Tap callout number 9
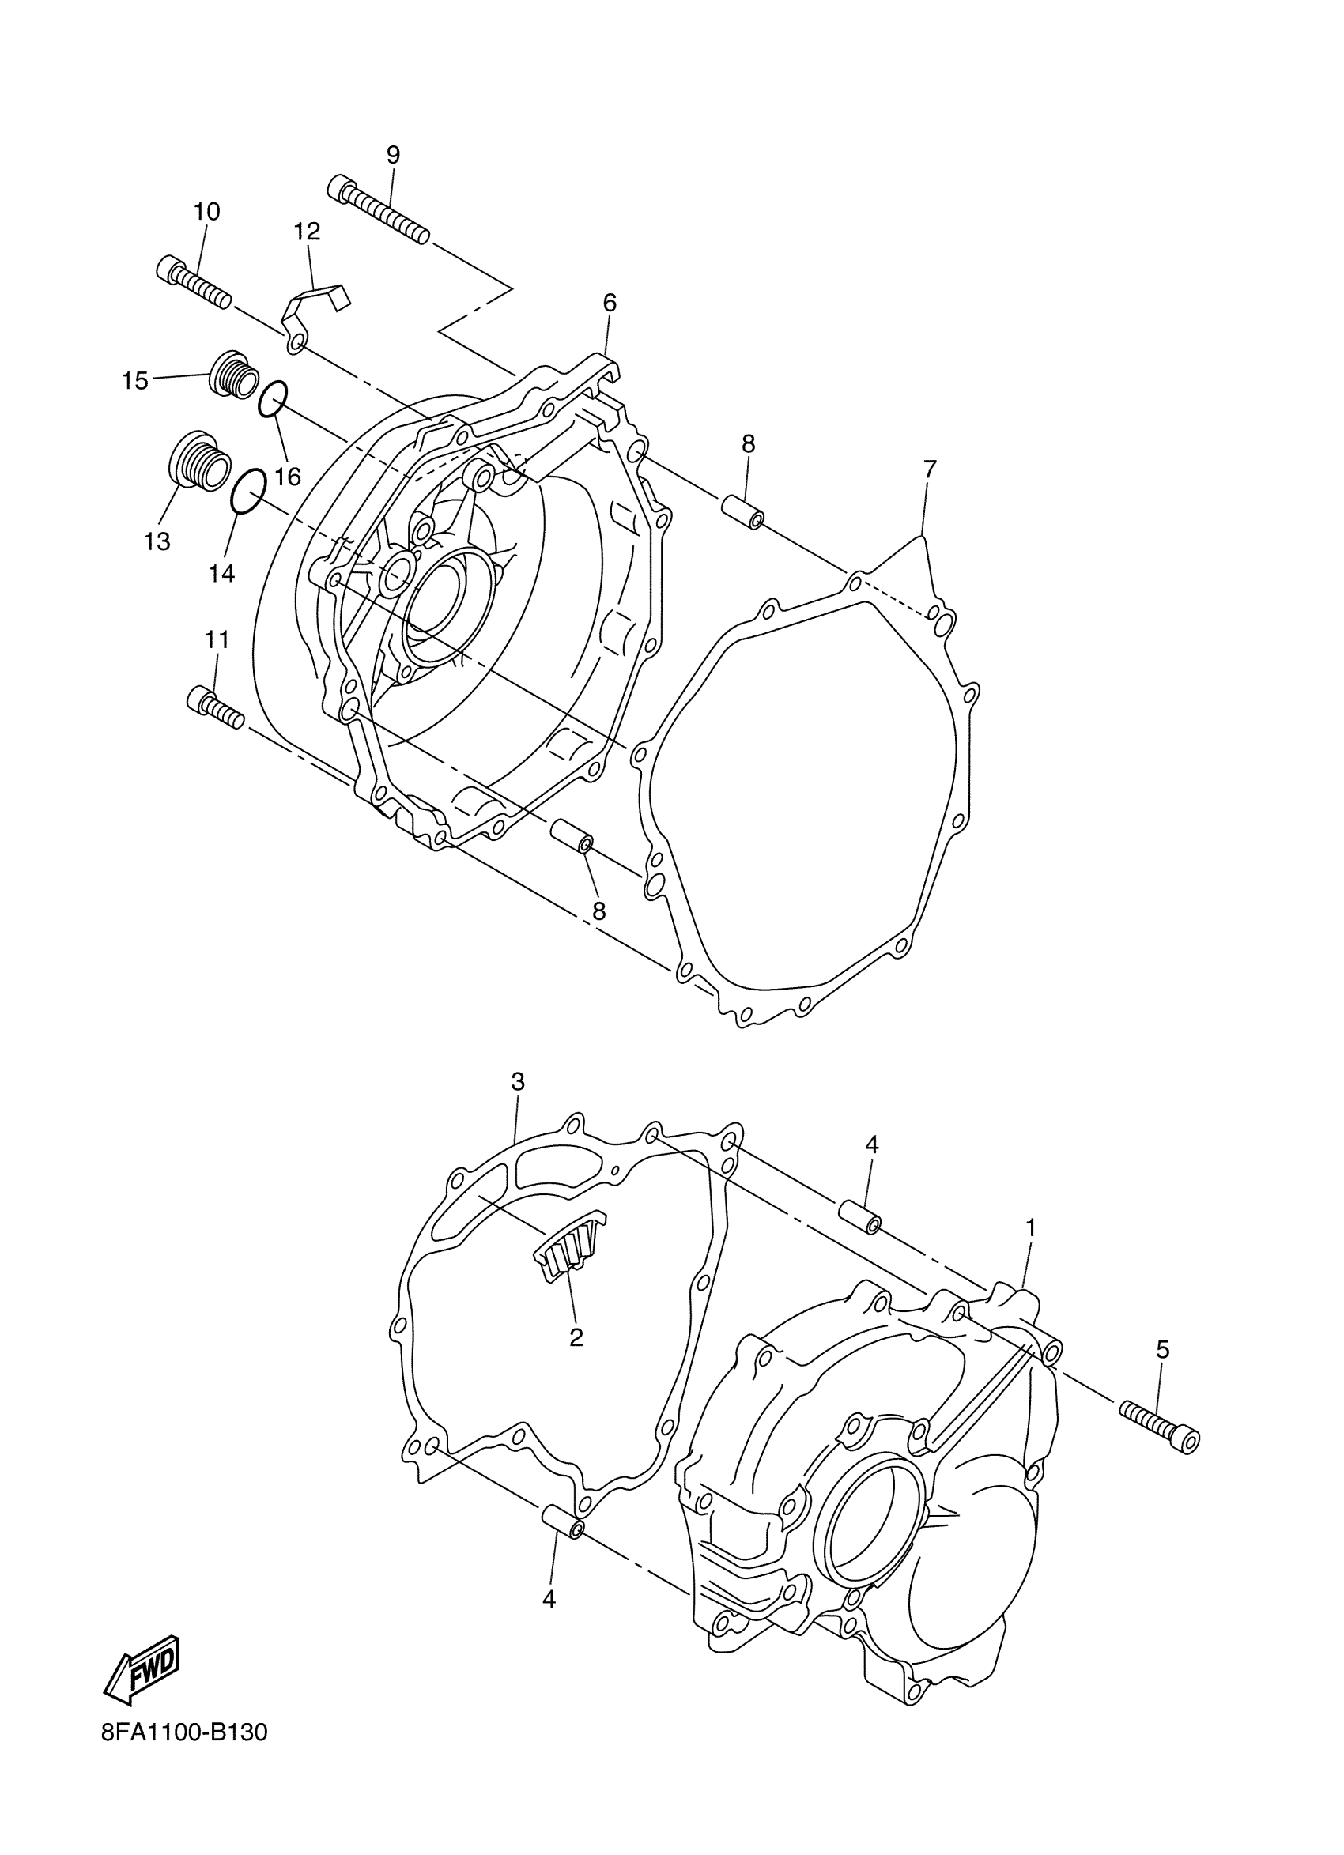(x=394, y=155)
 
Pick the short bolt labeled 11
(x=216, y=707)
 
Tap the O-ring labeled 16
(x=273, y=399)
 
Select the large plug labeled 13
(x=197, y=462)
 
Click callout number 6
(x=610, y=303)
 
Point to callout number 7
(x=929, y=469)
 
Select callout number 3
(x=517, y=1082)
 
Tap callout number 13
(x=157, y=541)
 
